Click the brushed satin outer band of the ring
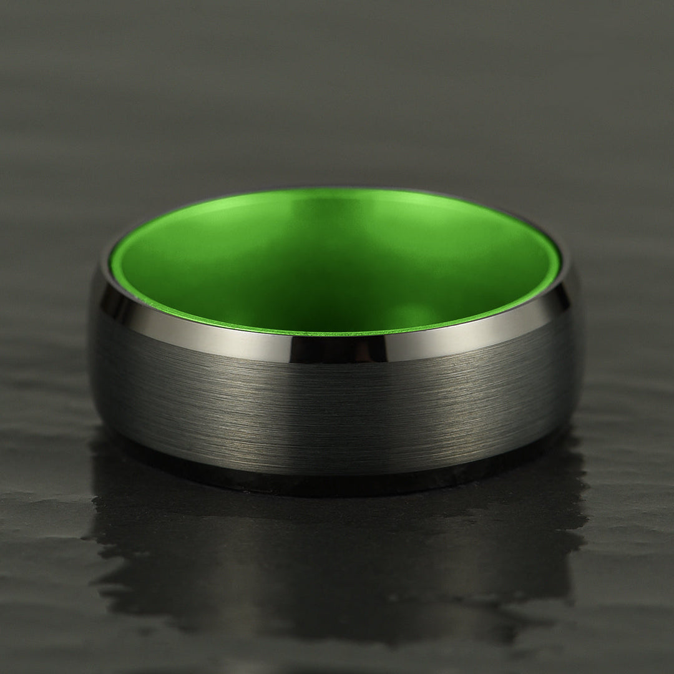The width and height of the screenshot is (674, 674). [x=337, y=406]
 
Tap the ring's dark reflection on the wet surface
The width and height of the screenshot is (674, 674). [x=337, y=549]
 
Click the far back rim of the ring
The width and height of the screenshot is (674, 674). [x=337, y=188]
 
